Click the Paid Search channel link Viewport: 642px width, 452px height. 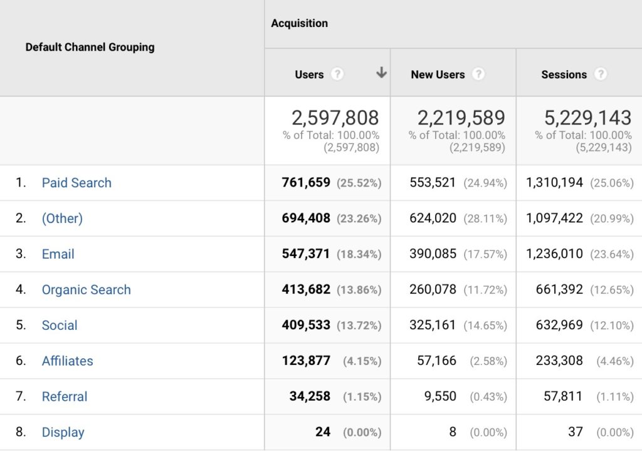[x=76, y=183]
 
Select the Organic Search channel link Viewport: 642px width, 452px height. [x=87, y=290]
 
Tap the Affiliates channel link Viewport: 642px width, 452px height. [x=67, y=361]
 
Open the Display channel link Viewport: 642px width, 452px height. [x=63, y=433]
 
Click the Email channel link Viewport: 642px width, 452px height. [x=58, y=254]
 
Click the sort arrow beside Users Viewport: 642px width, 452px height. [x=381, y=73]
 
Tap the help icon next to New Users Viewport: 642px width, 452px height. [x=478, y=74]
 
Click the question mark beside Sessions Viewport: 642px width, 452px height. [x=601, y=74]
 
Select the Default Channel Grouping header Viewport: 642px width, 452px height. [x=90, y=47]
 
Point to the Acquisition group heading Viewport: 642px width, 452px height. [x=299, y=23]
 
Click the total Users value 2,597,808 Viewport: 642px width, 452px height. [x=335, y=118]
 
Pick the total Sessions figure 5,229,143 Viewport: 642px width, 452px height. [x=587, y=118]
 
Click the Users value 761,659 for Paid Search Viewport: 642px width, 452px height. [x=306, y=183]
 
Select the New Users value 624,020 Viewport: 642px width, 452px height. [x=433, y=218]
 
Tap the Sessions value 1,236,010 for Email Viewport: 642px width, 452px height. [x=554, y=254]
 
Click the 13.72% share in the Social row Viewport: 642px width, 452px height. [x=359, y=326]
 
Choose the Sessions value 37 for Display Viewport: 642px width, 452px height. [x=576, y=433]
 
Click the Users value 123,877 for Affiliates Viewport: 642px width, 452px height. [x=306, y=361]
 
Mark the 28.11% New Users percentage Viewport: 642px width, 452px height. [x=485, y=219]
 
